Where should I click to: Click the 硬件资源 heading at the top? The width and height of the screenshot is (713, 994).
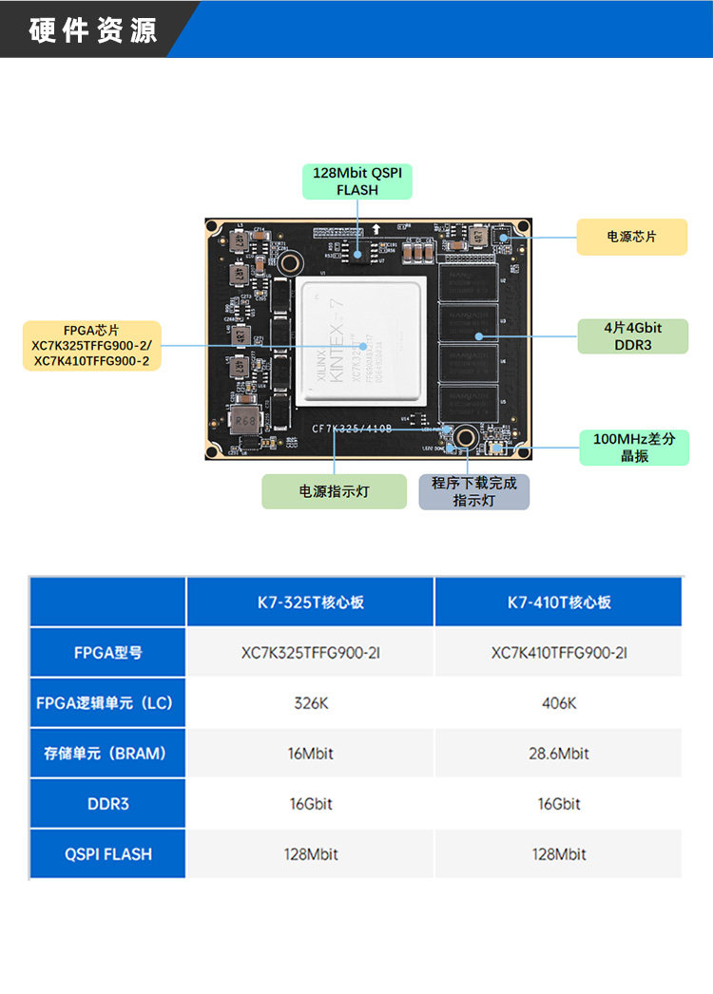tap(93, 30)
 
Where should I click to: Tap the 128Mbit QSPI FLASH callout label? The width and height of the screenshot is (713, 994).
tap(356, 182)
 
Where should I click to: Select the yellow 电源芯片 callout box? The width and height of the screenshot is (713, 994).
tap(631, 237)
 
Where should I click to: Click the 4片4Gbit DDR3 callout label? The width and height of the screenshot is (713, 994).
tap(632, 335)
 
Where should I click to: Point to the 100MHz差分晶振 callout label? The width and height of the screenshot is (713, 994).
tap(633, 448)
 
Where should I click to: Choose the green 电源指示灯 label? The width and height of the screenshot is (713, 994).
tap(334, 491)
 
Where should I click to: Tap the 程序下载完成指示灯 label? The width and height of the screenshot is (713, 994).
tap(473, 491)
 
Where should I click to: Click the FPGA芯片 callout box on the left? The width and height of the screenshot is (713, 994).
tap(91, 346)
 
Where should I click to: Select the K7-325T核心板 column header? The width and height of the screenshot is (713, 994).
tap(310, 602)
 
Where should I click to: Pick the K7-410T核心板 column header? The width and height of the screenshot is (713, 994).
tap(558, 602)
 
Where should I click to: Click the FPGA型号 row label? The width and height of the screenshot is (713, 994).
tap(107, 653)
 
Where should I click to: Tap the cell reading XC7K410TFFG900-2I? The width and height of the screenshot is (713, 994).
tap(558, 653)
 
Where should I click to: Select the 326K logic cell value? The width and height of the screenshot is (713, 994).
tap(310, 703)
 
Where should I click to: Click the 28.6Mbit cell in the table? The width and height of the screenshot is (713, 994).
tap(558, 754)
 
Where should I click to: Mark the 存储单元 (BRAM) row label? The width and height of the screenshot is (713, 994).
tap(107, 754)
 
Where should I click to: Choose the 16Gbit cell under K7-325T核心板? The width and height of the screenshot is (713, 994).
tap(310, 804)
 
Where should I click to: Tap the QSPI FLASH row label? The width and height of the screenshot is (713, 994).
tap(107, 854)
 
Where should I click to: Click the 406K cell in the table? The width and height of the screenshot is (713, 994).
tap(558, 703)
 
